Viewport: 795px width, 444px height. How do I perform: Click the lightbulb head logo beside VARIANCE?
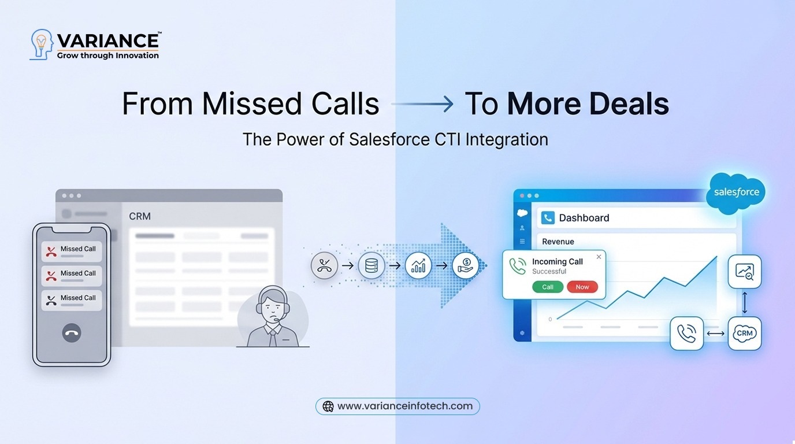[42, 45]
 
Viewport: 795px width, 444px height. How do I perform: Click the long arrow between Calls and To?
[422, 103]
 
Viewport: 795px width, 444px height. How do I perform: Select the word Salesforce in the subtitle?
[389, 139]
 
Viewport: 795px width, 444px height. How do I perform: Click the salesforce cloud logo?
[735, 193]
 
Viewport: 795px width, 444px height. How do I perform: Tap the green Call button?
[548, 287]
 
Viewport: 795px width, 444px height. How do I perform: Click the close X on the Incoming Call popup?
[599, 257]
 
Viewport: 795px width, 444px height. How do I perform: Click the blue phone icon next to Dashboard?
[548, 218]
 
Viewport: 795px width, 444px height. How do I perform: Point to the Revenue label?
[558, 242]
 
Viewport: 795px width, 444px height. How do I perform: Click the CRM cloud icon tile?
[745, 333]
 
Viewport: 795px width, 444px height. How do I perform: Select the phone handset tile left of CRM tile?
[686, 333]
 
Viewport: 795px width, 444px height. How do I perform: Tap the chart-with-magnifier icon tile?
[745, 272]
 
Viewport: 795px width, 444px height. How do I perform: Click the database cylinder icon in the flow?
[372, 265]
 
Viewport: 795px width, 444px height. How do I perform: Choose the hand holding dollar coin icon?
[465, 265]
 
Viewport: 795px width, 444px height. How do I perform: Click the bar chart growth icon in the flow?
[418, 265]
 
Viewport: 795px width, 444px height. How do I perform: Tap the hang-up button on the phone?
[72, 333]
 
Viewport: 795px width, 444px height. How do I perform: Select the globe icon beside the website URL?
[328, 406]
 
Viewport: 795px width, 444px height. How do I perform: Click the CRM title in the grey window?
[140, 216]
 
